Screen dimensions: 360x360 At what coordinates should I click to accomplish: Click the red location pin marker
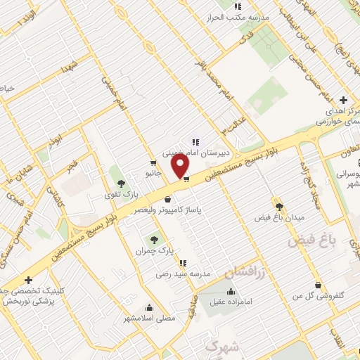(x=181, y=166)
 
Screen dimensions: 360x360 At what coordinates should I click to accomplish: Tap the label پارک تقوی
(x=117, y=195)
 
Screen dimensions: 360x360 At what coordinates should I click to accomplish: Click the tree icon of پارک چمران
(x=153, y=240)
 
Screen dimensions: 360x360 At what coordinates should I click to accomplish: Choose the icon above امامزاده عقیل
(x=231, y=292)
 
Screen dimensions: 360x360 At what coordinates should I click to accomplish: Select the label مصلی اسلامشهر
(x=149, y=318)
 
